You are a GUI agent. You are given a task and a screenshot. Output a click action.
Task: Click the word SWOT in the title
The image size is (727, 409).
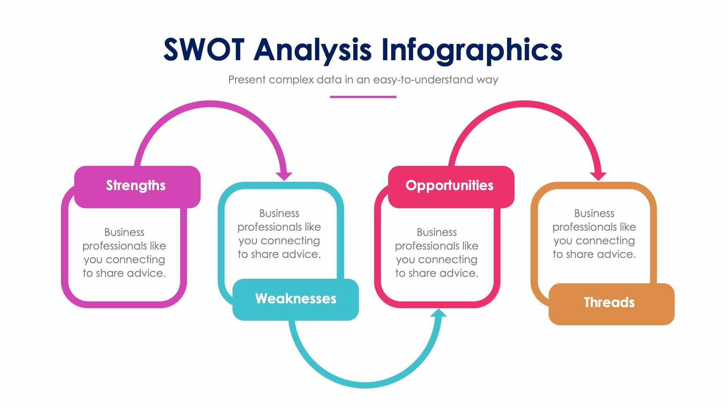(x=204, y=50)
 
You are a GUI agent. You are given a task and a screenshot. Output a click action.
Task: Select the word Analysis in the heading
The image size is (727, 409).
(x=312, y=50)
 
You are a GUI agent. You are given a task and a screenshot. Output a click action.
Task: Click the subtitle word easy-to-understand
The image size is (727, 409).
(x=423, y=80)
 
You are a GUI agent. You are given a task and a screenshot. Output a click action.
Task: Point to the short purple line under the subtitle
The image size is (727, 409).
(x=363, y=97)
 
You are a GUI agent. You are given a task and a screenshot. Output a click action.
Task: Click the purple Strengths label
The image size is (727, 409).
(x=136, y=186)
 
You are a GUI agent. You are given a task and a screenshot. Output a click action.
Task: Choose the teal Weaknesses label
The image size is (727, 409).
(x=296, y=299)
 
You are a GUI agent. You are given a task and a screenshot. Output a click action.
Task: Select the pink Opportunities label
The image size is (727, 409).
(x=449, y=186)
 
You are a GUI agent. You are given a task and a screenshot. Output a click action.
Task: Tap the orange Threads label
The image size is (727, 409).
(x=609, y=303)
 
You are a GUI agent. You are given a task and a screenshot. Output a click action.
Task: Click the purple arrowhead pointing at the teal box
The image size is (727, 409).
(x=284, y=176)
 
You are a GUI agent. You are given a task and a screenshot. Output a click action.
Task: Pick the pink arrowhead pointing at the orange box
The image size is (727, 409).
(x=598, y=176)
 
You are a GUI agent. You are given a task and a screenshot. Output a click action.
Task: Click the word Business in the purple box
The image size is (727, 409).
(x=124, y=232)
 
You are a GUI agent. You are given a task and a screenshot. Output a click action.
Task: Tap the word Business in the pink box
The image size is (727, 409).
(x=437, y=232)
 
